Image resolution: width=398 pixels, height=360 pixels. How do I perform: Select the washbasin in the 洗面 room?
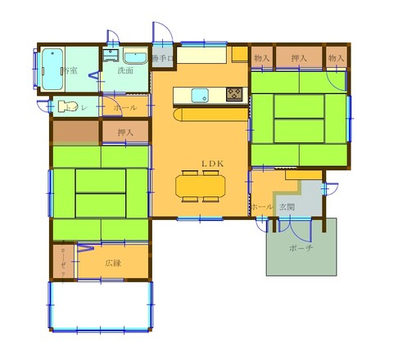tap(111, 56)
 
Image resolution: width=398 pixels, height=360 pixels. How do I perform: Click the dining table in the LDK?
tap(199, 187)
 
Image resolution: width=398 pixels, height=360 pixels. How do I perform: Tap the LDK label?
tap(213, 164)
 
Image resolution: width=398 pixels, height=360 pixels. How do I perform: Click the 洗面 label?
tap(125, 71)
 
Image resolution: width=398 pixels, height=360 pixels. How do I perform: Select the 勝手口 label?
tap(161, 59)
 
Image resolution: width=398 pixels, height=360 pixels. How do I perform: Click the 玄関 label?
tap(287, 206)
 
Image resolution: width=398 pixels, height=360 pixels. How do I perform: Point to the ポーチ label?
tap(301, 248)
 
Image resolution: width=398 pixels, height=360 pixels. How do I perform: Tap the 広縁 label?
tap(113, 263)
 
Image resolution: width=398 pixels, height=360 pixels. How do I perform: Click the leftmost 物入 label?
tap(262, 58)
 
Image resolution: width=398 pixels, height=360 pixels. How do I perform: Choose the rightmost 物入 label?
tap(336, 58)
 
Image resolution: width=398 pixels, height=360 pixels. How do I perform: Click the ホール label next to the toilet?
tap(125, 107)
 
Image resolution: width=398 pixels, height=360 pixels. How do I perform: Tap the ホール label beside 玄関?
tap(262, 207)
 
